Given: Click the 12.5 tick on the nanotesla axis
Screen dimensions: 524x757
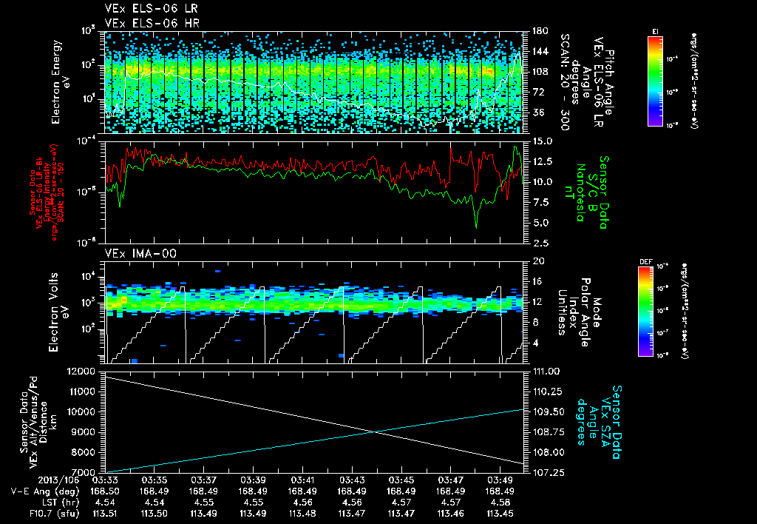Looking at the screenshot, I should pyautogui.click(x=539, y=161).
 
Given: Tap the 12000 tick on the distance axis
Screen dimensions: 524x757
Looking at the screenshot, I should pyautogui.click(x=82, y=371).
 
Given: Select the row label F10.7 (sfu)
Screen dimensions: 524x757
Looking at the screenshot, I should pyautogui.click(x=35, y=512).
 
